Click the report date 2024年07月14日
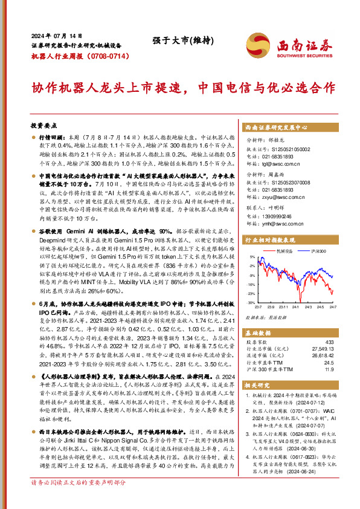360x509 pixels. (x=53, y=35)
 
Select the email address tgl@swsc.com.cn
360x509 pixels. (x=283, y=163)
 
